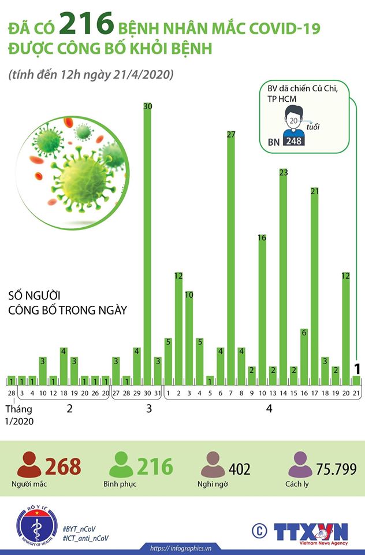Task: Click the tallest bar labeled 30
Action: (147, 243)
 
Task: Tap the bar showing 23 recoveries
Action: (283, 277)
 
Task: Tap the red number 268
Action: (63, 466)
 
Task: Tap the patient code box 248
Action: (294, 141)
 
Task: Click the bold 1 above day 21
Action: (357, 369)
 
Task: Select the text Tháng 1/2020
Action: (19, 415)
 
